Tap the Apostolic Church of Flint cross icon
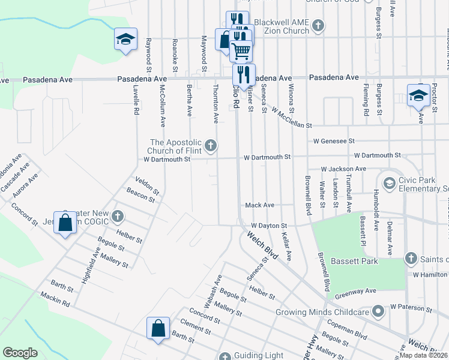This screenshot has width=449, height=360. click(211, 145)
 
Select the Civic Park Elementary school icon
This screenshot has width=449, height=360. click(389, 182)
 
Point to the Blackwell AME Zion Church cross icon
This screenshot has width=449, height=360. click(318, 26)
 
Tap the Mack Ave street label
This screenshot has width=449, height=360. click(259, 205)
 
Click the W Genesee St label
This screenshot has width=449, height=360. click(334, 141)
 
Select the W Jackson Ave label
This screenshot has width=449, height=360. click(343, 169)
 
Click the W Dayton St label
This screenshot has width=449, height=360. click(270, 226)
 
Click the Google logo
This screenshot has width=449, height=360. click(20, 353)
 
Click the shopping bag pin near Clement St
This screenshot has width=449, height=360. click(158, 329)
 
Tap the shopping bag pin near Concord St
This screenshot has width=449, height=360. click(65, 223)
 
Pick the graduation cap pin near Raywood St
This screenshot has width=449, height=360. click(125, 40)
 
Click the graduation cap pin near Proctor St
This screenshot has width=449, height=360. click(418, 95)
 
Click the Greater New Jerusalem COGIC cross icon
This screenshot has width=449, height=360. click(118, 215)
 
